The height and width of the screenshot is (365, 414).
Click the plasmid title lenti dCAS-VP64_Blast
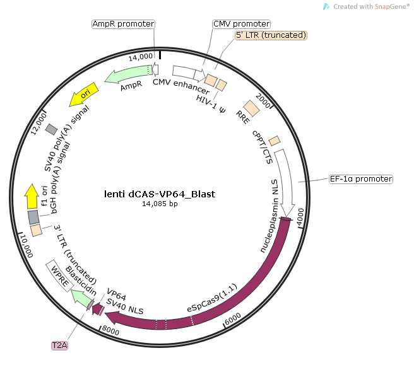[x=159, y=194]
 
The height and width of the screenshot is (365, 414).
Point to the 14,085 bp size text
[x=160, y=204]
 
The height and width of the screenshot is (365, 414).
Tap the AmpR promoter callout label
[x=123, y=24]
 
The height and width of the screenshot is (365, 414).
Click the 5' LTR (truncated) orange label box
[x=271, y=35]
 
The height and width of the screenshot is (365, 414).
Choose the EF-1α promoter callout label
[x=360, y=179]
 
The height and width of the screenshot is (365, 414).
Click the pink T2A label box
[x=60, y=345]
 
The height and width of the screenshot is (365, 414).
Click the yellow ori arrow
[x=83, y=93]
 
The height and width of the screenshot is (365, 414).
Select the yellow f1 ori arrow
[x=31, y=197]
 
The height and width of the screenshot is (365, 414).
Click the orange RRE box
[x=252, y=108]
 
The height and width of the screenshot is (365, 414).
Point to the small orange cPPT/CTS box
[x=274, y=140]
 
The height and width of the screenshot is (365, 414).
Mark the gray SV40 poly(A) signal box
[x=51, y=129]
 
